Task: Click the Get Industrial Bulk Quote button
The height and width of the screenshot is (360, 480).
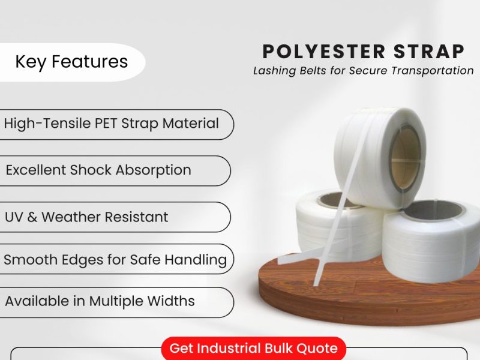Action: (254, 348)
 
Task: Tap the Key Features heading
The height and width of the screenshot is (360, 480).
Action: (71, 62)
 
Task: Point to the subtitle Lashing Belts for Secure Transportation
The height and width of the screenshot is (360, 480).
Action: (363, 71)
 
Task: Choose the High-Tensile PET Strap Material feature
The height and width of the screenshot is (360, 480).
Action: (112, 124)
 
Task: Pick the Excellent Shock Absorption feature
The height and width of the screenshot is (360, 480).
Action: (98, 170)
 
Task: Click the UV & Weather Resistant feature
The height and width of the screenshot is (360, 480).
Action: (86, 217)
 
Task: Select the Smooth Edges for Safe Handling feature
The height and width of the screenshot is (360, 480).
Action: (115, 260)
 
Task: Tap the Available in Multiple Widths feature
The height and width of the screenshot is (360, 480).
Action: (100, 301)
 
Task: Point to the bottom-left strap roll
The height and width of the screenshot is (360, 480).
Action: (327, 231)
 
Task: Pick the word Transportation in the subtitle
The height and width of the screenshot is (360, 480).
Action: (433, 71)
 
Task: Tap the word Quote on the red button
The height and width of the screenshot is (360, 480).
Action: (318, 348)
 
